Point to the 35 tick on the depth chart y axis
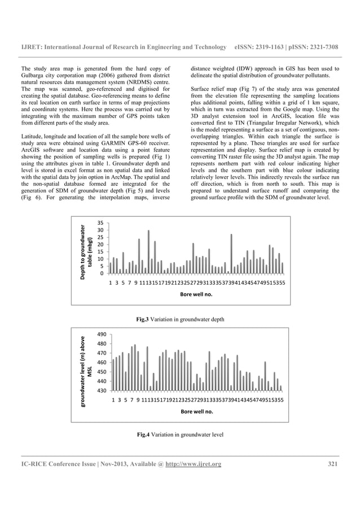point(100,223)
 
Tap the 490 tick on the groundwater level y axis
point(102,334)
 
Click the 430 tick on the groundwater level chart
point(102,391)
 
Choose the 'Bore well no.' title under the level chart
point(197,412)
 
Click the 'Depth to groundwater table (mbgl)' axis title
point(86,249)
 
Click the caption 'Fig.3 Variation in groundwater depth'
point(180,320)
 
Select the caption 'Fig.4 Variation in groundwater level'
point(180,435)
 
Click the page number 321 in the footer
point(332,464)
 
